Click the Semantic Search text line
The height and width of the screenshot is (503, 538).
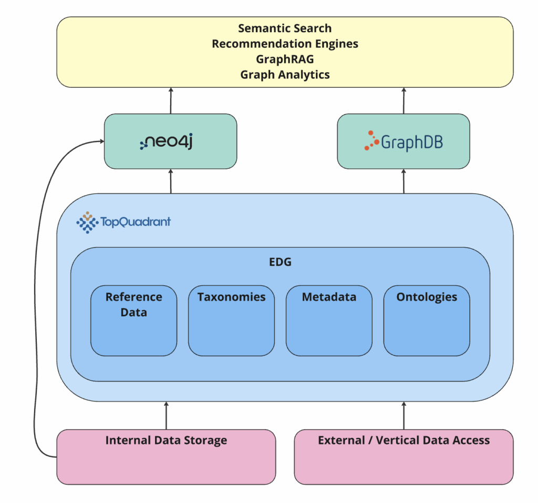pyautogui.click(x=285, y=28)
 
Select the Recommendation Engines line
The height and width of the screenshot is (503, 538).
pyautogui.click(x=285, y=44)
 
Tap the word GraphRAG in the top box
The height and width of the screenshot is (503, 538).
pyautogui.click(x=285, y=59)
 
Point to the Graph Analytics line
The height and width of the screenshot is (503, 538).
pyautogui.click(x=285, y=74)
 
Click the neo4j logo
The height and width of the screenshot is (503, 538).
pyautogui.click(x=167, y=141)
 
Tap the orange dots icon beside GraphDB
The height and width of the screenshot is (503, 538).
pyautogui.click(x=371, y=140)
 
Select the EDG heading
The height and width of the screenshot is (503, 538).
pyautogui.click(x=280, y=262)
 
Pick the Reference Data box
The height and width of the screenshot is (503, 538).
pyautogui.click(x=133, y=320)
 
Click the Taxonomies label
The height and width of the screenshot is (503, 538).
pyautogui.click(x=231, y=297)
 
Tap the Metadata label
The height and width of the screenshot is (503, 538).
pyautogui.click(x=329, y=297)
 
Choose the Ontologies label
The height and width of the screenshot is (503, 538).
pyautogui.click(x=427, y=297)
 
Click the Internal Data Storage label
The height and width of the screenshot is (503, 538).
pyautogui.click(x=166, y=440)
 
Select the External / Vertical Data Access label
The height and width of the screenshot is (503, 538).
pyautogui.click(x=403, y=440)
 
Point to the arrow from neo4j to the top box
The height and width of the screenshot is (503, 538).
pyautogui.click(x=171, y=100)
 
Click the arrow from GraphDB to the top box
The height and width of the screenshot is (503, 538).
pyautogui.click(x=403, y=100)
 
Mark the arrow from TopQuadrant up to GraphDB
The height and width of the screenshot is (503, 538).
pyautogui.click(x=403, y=181)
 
